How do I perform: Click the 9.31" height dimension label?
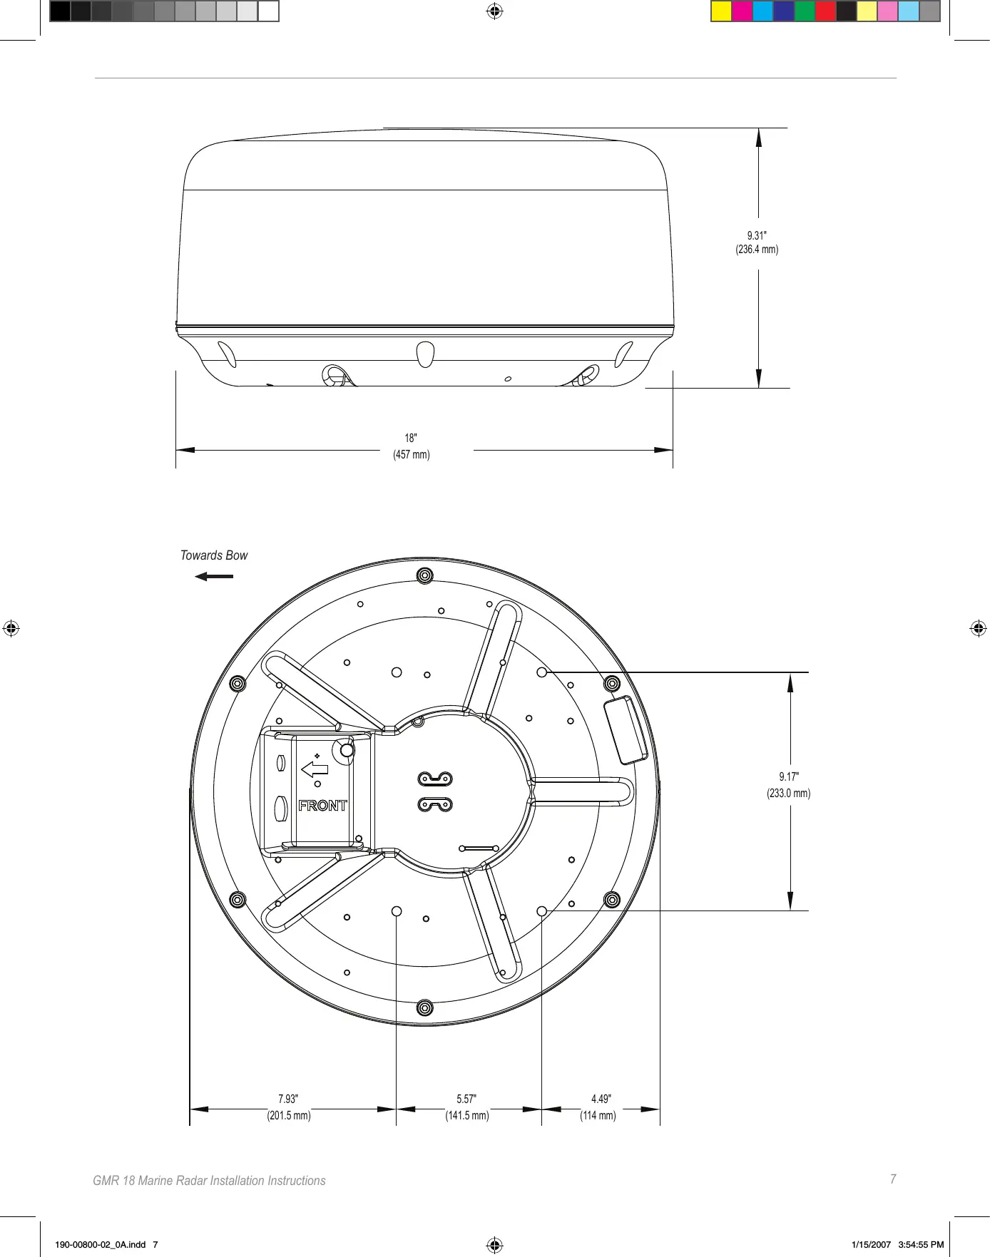click(x=757, y=235)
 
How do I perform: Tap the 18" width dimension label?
click(x=411, y=438)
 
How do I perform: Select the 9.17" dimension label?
click(x=789, y=776)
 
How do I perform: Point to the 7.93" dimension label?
click(x=288, y=1099)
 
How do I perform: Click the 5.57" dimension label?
click(x=466, y=1099)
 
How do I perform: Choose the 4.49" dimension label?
click(x=601, y=1099)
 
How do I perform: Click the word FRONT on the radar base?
click(x=322, y=806)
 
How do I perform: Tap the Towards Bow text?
click(x=214, y=555)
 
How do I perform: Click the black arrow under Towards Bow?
click(x=214, y=576)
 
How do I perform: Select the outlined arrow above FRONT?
click(x=315, y=769)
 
